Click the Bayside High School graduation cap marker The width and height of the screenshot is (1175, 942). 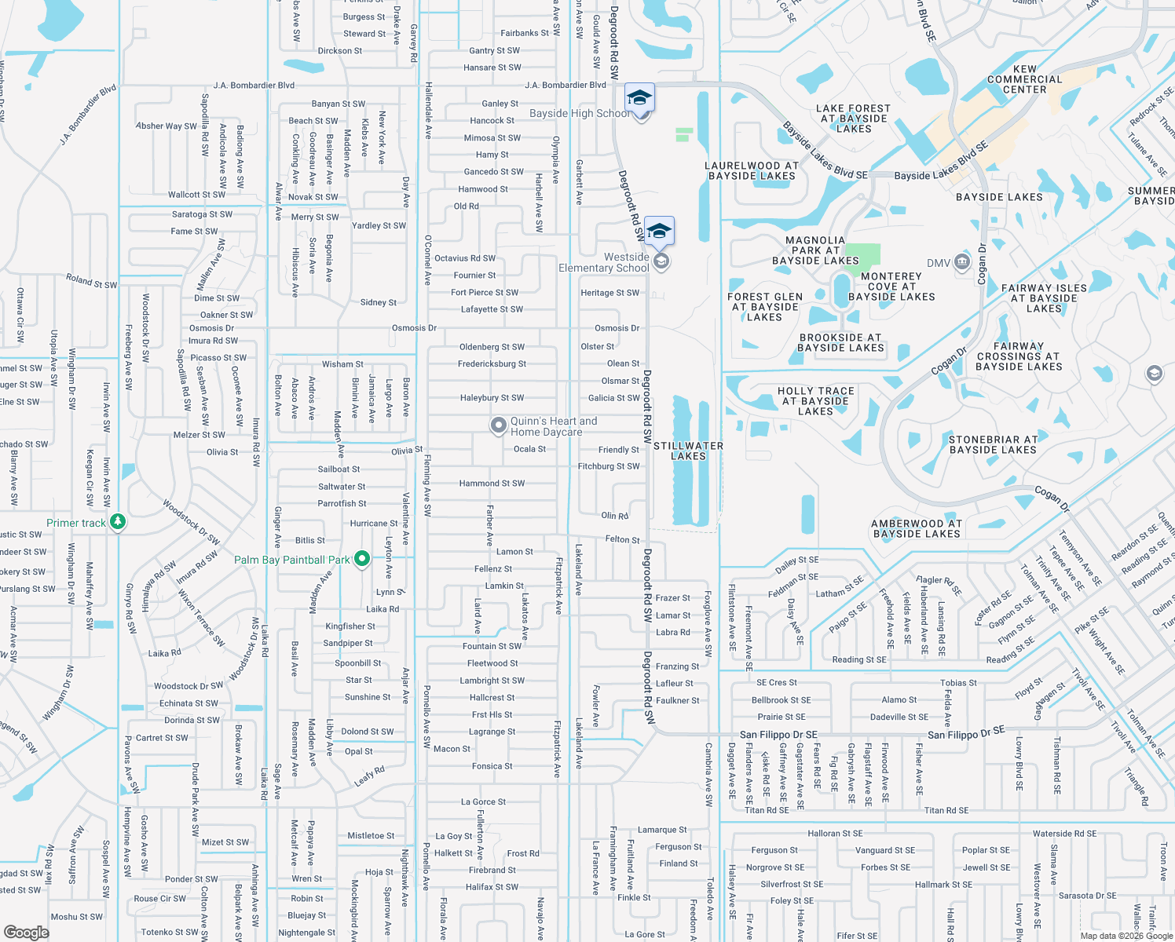coord(639,98)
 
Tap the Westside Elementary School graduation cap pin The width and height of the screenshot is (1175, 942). coord(659,231)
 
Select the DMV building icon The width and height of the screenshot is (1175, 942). coord(962,263)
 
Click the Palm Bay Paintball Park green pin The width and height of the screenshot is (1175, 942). coord(362,559)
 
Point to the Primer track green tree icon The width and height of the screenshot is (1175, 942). coord(118,521)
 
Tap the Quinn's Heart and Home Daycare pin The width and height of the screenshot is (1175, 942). coord(498,425)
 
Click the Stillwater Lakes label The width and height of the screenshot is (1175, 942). coord(689,451)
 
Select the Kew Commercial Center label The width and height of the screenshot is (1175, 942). coord(1024,79)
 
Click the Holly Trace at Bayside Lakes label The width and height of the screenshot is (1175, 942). coord(815,400)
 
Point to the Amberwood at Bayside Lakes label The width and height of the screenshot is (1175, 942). coord(917,528)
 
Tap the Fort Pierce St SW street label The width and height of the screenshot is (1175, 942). coord(485,292)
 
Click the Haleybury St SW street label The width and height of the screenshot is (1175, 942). coord(492,398)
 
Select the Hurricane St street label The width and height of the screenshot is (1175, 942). coord(374,523)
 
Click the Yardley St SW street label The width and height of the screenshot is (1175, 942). coord(379,225)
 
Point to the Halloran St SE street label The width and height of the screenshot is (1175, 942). coord(835,834)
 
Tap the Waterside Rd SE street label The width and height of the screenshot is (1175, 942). coord(1064,834)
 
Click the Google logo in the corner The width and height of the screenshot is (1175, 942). coord(27,932)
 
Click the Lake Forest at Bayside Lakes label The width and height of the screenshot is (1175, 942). coord(853,119)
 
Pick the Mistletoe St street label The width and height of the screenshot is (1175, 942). coord(371,836)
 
